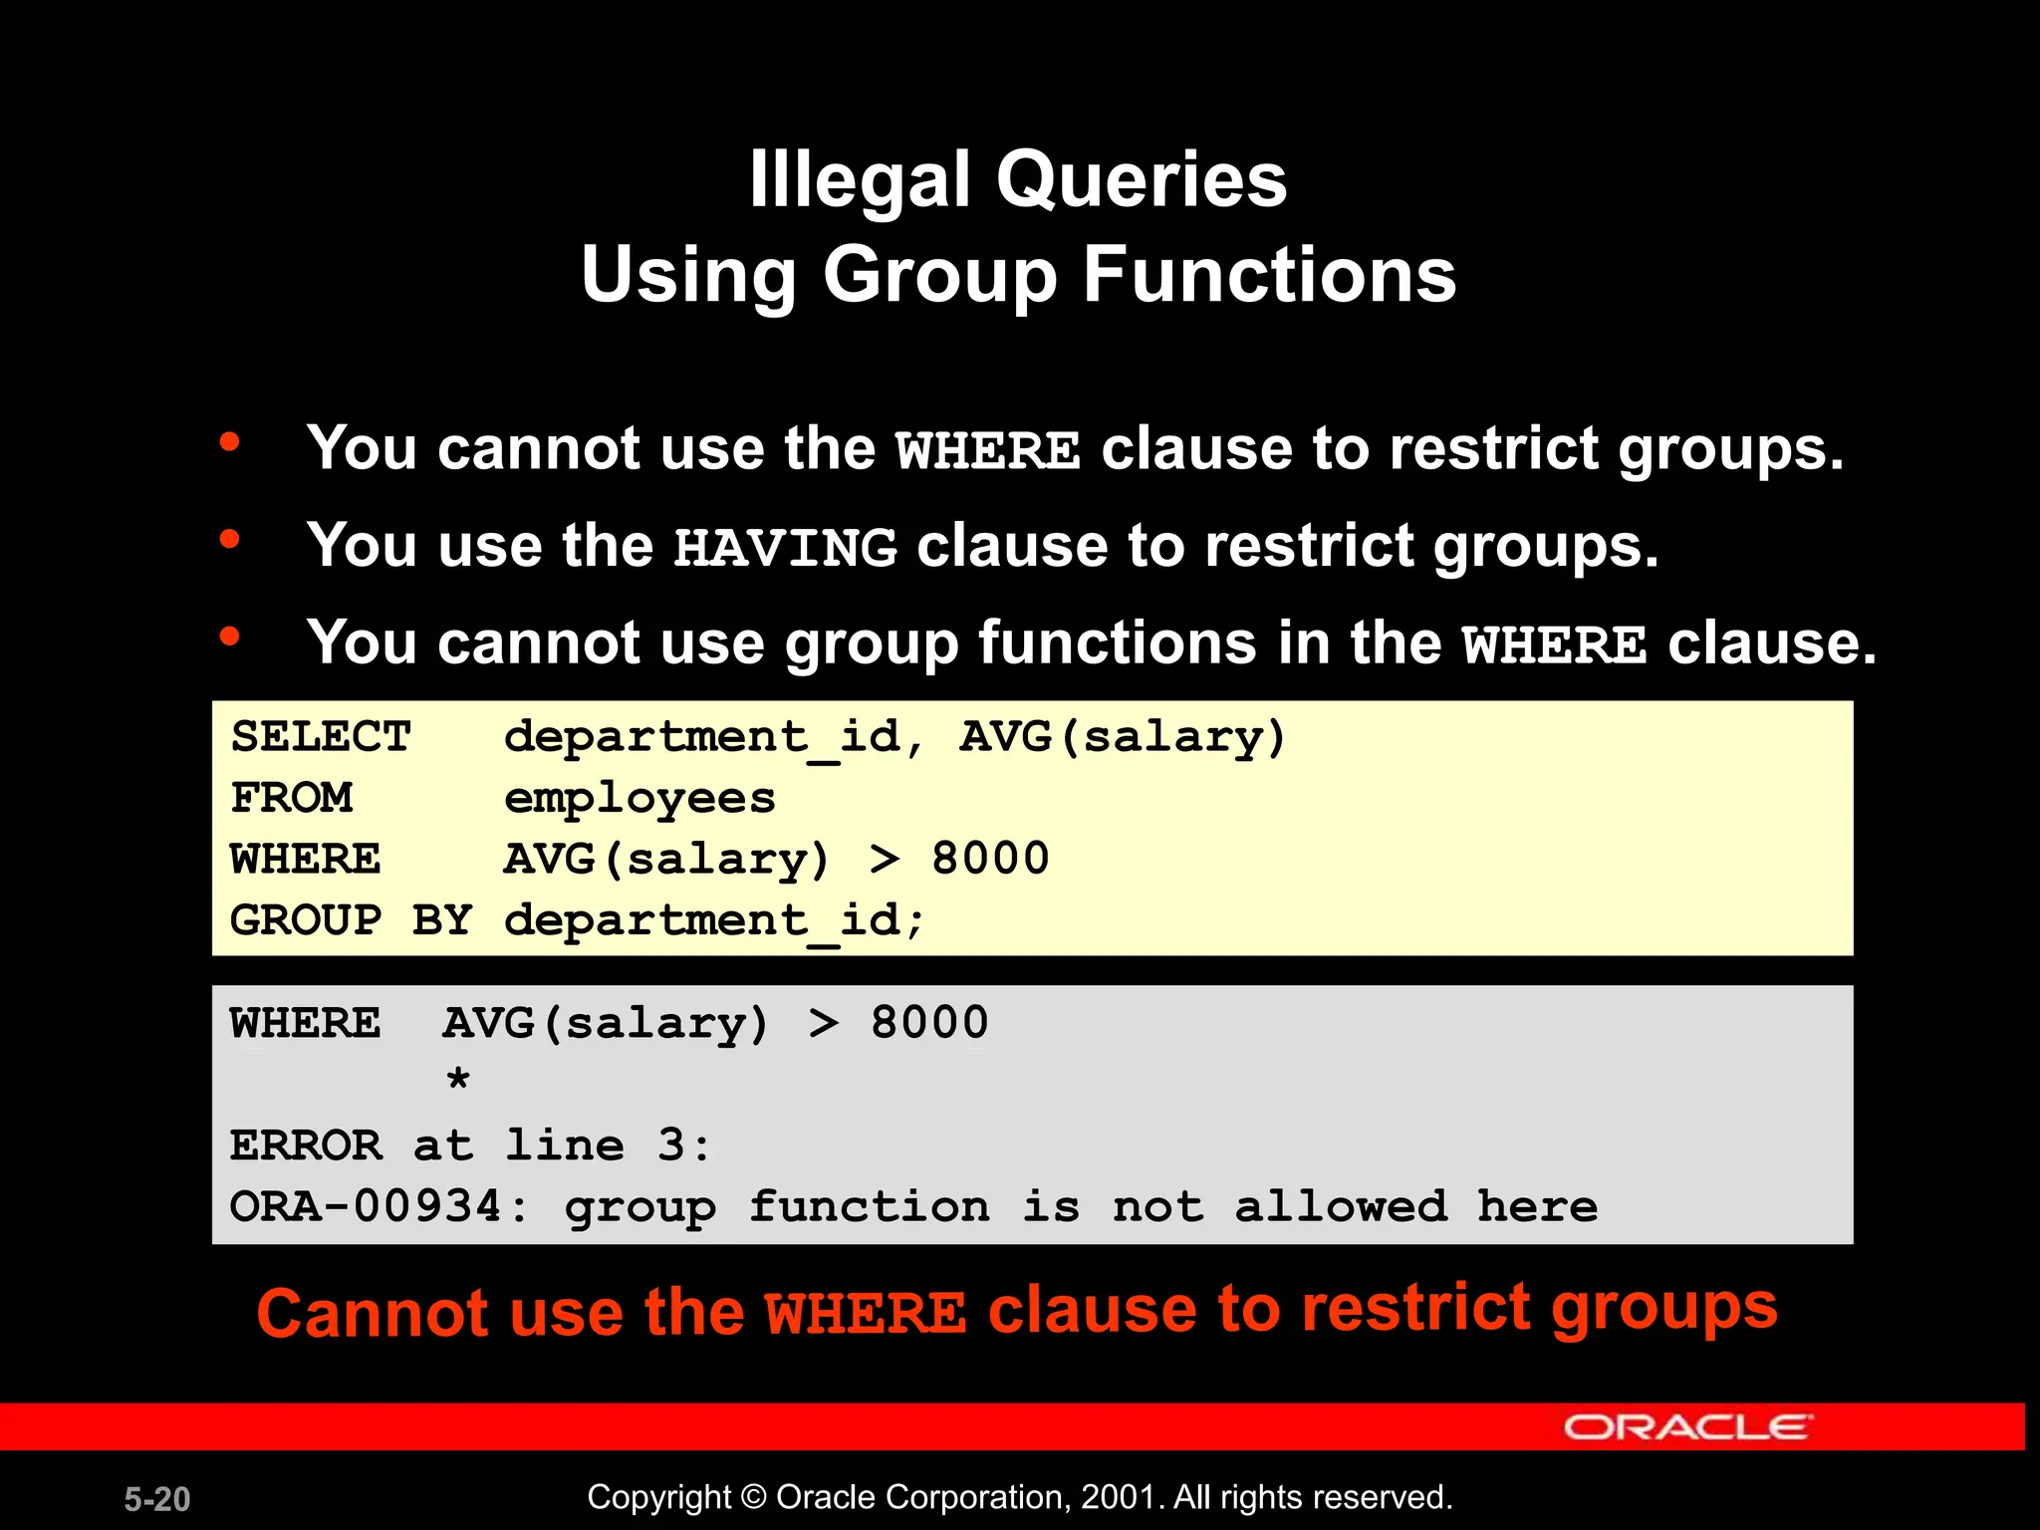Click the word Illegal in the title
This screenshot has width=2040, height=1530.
(859, 180)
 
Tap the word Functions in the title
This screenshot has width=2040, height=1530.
(1269, 275)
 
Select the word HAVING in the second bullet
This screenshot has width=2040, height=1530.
(785, 548)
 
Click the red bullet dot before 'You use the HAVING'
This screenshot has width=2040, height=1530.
(230, 540)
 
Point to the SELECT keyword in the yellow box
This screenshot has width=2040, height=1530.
(321, 737)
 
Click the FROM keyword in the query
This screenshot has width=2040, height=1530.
(291, 798)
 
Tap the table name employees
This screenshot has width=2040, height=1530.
(639, 799)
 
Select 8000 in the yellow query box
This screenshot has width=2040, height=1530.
(990, 859)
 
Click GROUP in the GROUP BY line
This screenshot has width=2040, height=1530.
(305, 919)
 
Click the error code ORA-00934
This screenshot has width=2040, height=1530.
(365, 1206)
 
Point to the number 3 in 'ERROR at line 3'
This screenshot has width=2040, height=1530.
(671, 1146)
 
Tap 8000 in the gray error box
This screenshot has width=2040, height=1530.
(929, 1023)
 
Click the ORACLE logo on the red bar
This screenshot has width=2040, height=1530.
(1687, 1427)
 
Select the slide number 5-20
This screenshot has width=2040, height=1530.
(157, 1499)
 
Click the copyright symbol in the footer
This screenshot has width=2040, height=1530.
(754, 1497)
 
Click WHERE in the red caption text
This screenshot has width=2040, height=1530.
(865, 1314)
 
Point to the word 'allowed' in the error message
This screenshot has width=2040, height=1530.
(1341, 1206)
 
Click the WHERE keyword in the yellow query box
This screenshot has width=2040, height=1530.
(305, 859)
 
